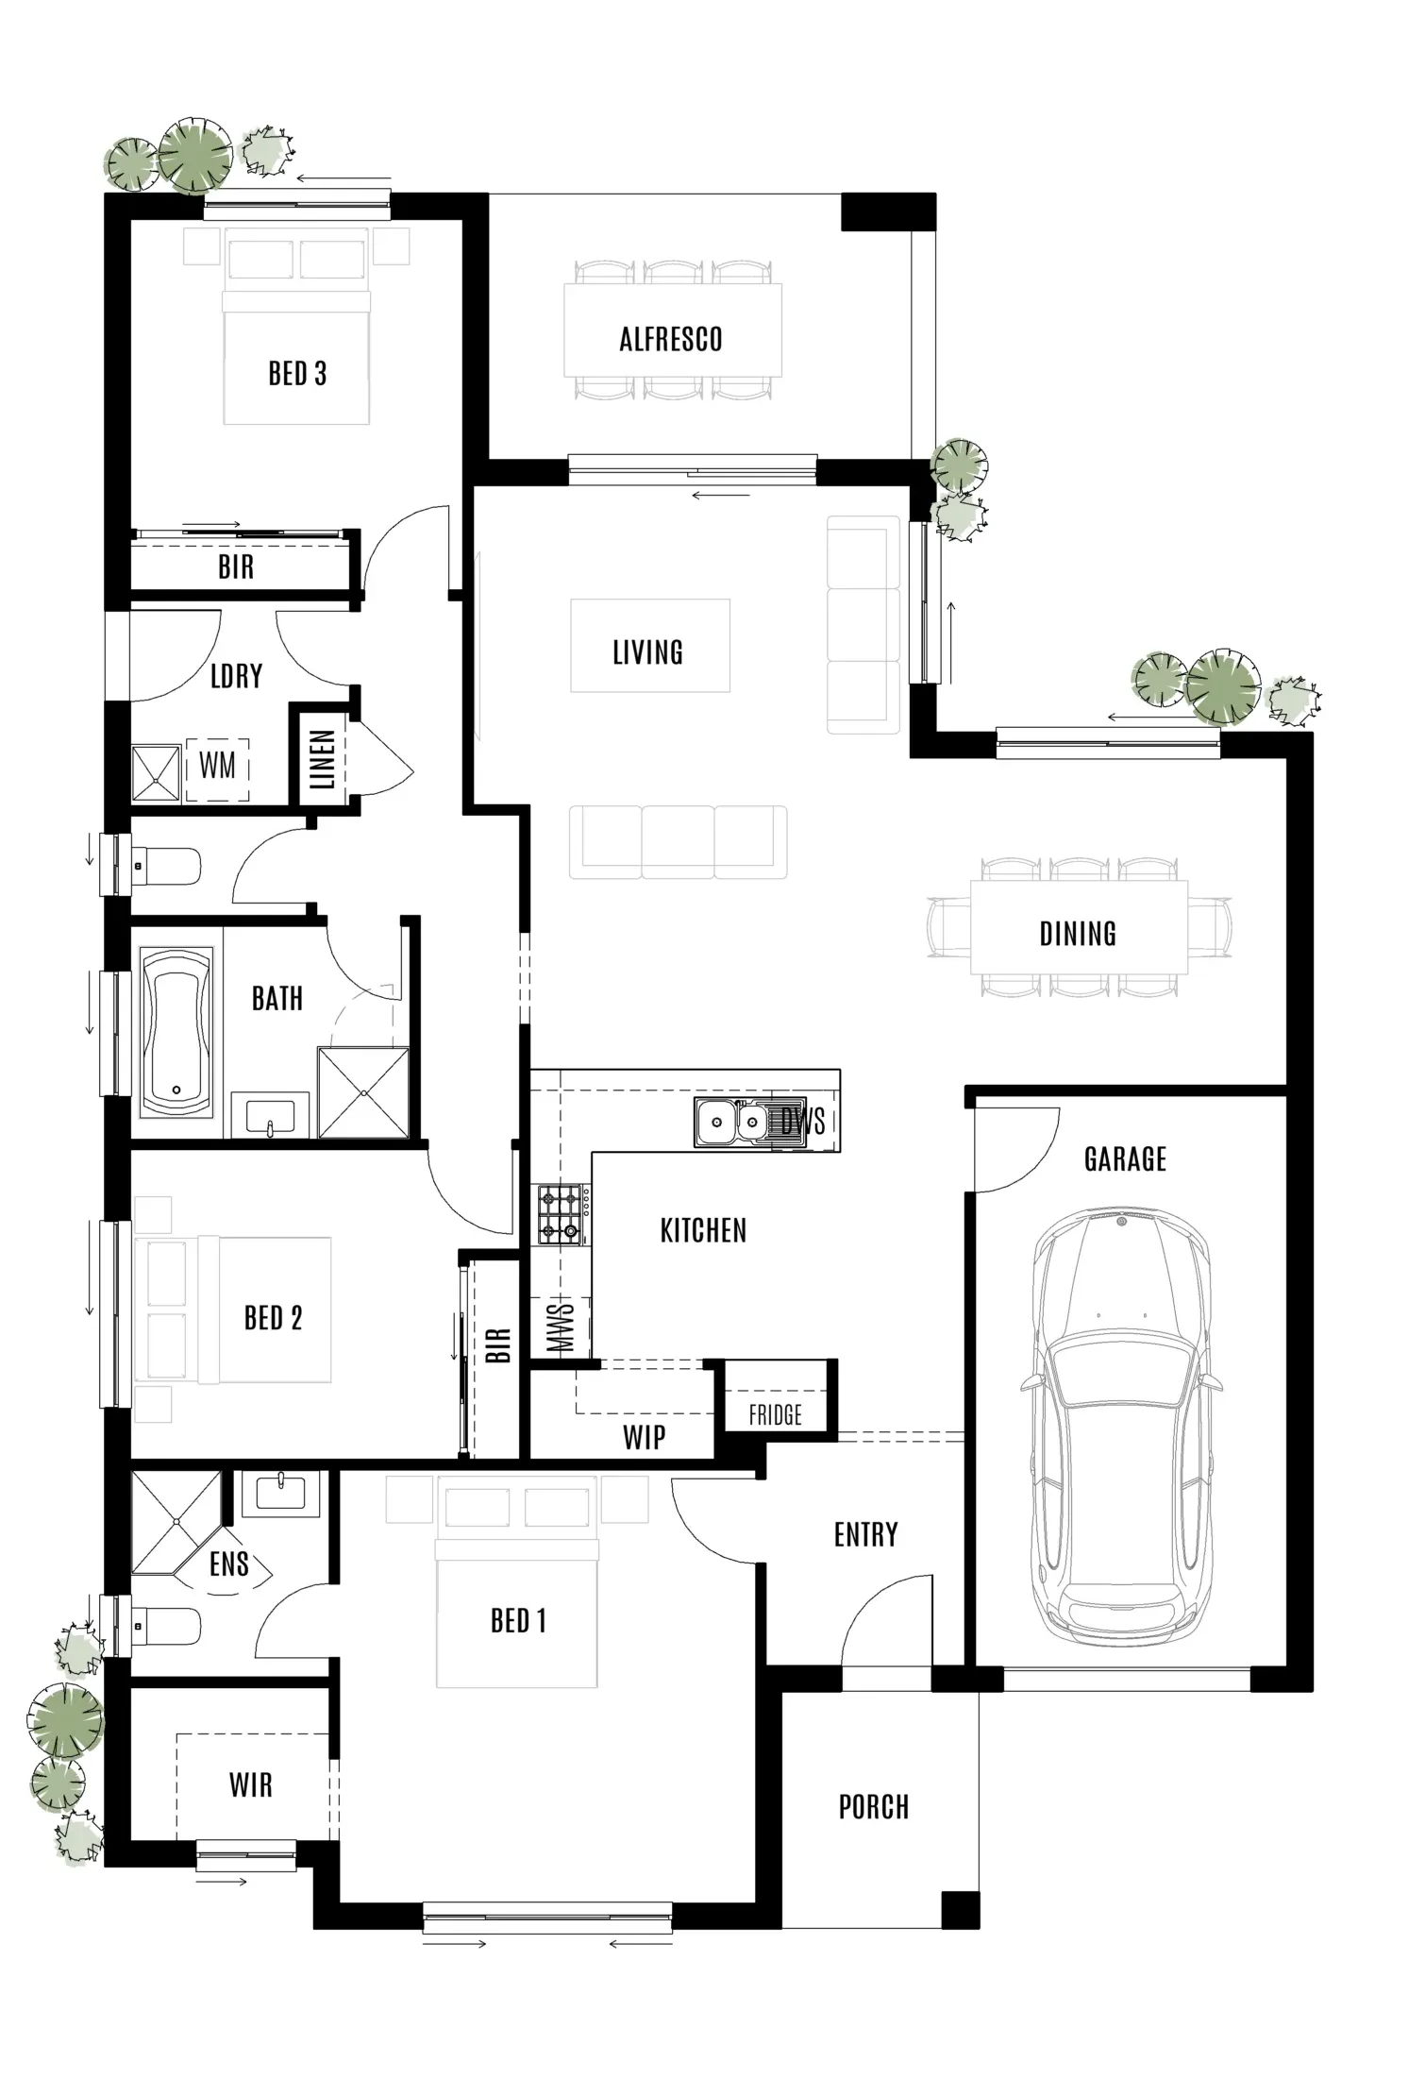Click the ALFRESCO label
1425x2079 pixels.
pyautogui.click(x=671, y=339)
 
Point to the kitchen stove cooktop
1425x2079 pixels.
pyautogui.click(x=561, y=1214)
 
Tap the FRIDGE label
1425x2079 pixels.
pyautogui.click(x=775, y=1414)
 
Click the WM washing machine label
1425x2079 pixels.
pyautogui.click(x=217, y=765)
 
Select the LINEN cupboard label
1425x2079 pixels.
pyautogui.click(x=322, y=759)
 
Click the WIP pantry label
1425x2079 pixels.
pyautogui.click(x=645, y=1438)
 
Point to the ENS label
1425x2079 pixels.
pyautogui.click(x=229, y=1564)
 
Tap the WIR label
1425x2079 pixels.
pyautogui.click(x=251, y=1785)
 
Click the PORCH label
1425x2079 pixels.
pyautogui.click(x=874, y=1807)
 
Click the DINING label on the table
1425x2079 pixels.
pyautogui.click(x=1078, y=934)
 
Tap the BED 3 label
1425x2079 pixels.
pyautogui.click(x=297, y=374)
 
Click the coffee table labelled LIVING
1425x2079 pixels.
pyautogui.click(x=649, y=646)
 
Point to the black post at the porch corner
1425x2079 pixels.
pyautogui.click(x=961, y=1910)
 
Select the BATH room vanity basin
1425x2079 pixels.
pyautogui.click(x=270, y=1117)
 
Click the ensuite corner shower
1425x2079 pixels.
pyautogui.click(x=176, y=1522)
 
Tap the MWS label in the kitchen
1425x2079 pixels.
pyautogui.click(x=560, y=1327)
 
